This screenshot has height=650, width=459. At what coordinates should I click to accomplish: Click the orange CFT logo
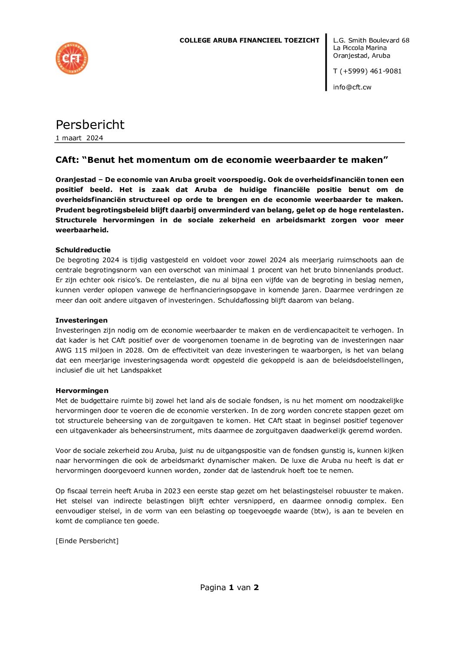(x=72, y=58)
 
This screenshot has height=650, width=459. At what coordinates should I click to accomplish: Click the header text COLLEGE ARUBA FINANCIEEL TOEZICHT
(x=249, y=40)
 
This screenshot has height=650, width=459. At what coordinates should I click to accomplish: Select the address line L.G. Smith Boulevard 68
(x=371, y=40)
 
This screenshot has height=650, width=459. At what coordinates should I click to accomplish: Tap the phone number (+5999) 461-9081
(x=370, y=71)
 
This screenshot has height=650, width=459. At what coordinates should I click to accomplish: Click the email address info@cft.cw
(x=352, y=87)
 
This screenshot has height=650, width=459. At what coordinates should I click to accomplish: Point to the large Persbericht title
(x=90, y=125)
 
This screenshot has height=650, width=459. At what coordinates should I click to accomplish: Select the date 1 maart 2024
(x=79, y=138)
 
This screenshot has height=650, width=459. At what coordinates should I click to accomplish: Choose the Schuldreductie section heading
(x=83, y=250)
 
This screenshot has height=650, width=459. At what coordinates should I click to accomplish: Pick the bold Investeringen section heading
(x=82, y=320)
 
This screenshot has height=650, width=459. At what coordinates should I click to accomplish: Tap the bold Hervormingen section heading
(x=82, y=391)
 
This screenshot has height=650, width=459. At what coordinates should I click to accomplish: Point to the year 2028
(x=134, y=350)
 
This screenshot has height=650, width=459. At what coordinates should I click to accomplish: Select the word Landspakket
(x=141, y=370)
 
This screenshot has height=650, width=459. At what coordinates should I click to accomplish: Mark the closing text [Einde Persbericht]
(x=87, y=541)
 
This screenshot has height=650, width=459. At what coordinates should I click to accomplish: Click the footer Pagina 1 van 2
(x=229, y=587)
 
